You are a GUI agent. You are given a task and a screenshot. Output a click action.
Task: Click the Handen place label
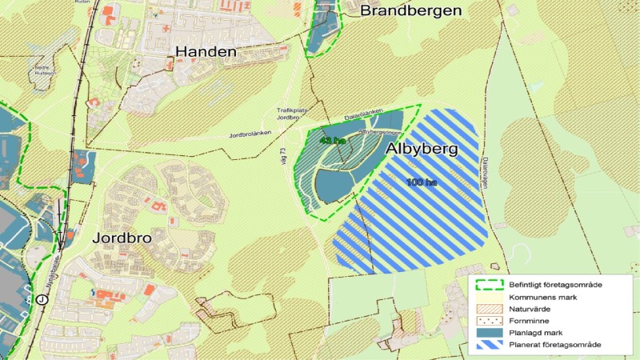pyautogui.click(x=206, y=52)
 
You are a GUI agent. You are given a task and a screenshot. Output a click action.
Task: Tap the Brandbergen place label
pyautogui.click(x=411, y=10)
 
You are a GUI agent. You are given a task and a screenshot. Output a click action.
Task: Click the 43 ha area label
pyautogui.click(x=331, y=141)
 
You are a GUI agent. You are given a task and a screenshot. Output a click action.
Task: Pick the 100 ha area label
pyautogui.click(x=421, y=182)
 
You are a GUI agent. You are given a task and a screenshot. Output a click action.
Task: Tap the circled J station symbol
pyautogui.click(x=41, y=299)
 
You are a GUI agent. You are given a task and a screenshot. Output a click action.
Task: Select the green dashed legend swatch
pyautogui.click(x=487, y=285)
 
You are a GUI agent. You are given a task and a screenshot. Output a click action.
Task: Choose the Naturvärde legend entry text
pyautogui.click(x=532, y=309)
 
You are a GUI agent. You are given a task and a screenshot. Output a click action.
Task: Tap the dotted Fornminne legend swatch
pyautogui.click(x=487, y=321)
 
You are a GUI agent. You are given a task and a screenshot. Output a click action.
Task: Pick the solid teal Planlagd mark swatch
pyautogui.click(x=487, y=333)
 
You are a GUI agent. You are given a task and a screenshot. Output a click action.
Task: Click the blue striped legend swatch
pyautogui.click(x=487, y=345)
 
